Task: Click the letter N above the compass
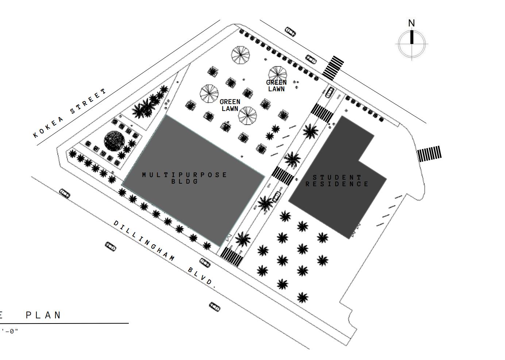[x=412, y=23]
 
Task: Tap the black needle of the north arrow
[x=412, y=37]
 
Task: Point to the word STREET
[x=89, y=100]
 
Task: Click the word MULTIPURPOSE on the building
[x=185, y=175]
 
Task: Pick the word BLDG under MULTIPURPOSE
[x=185, y=181]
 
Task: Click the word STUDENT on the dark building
[x=337, y=177]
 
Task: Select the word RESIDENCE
[x=337, y=184]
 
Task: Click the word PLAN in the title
[x=43, y=315]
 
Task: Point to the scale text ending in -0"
[x=10, y=332]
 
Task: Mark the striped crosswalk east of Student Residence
[x=429, y=154]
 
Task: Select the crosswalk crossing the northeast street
[x=333, y=68]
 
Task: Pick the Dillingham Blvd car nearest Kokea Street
[x=65, y=193]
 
